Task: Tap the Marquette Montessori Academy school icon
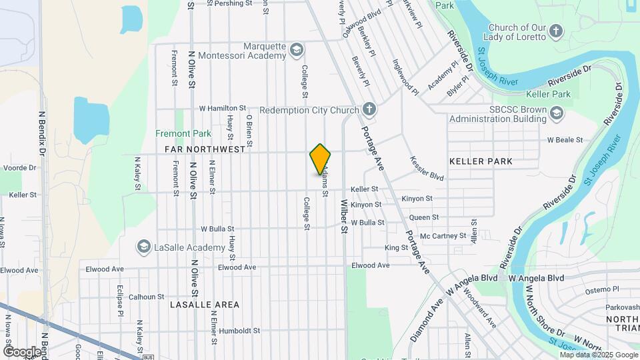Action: (x=297, y=50)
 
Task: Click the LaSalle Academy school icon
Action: (x=143, y=247)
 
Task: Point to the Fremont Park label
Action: (x=183, y=133)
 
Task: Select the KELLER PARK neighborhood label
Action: (x=481, y=161)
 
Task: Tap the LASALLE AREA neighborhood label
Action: (x=204, y=305)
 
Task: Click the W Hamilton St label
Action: (x=223, y=108)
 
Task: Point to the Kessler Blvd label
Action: (x=427, y=169)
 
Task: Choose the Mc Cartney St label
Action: (x=443, y=235)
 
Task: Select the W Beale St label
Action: (x=565, y=140)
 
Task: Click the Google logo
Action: (x=22, y=351)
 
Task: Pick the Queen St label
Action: (x=424, y=217)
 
